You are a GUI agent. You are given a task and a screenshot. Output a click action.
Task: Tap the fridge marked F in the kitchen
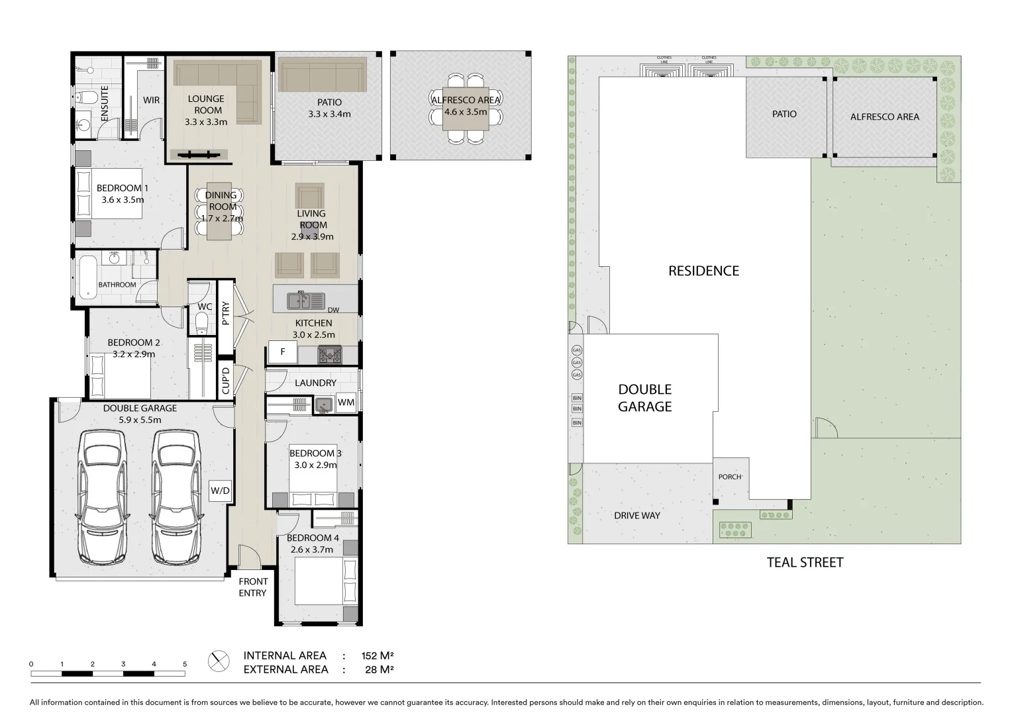click(x=283, y=352)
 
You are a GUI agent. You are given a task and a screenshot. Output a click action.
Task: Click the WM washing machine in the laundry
click(x=346, y=402)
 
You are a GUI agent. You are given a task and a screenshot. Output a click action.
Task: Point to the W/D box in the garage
click(x=220, y=491)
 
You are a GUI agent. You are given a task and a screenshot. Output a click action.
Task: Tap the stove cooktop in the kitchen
click(x=329, y=356)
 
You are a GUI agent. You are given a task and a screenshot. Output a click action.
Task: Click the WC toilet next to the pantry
click(x=202, y=323)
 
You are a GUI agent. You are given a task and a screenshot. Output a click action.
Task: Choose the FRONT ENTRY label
click(x=252, y=587)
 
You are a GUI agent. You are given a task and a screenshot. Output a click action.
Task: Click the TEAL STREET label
click(x=805, y=563)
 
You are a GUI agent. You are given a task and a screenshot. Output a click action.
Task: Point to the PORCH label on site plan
click(x=730, y=477)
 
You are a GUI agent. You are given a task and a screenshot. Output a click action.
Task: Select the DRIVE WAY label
click(x=636, y=515)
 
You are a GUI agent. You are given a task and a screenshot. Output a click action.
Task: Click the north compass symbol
click(x=218, y=661)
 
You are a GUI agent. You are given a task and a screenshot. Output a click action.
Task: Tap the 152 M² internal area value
click(x=378, y=656)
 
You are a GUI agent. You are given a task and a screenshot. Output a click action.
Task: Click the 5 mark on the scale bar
click(x=185, y=664)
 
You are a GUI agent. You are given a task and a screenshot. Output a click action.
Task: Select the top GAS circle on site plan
click(x=576, y=350)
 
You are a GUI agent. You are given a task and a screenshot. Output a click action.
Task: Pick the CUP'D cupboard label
click(x=226, y=381)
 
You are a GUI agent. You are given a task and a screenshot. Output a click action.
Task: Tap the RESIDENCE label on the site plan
click(x=703, y=271)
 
